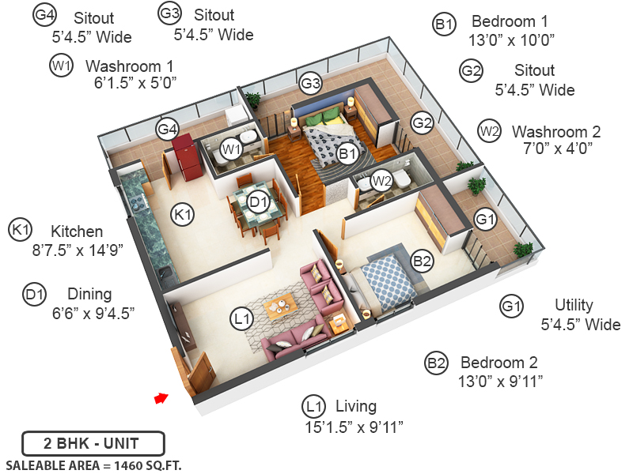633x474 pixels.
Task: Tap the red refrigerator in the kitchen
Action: [x=184, y=153]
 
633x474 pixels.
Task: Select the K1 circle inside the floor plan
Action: [x=184, y=213]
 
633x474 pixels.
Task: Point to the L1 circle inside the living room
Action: [x=241, y=319]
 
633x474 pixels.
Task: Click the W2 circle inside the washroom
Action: [x=382, y=181]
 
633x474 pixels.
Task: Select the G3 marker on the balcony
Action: [x=310, y=82]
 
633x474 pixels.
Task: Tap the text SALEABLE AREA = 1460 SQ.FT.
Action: [x=93, y=465]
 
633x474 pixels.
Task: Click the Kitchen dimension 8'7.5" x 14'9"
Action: [x=78, y=250]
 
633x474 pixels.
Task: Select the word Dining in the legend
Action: [x=89, y=294]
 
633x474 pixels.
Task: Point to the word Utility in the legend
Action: [x=574, y=305]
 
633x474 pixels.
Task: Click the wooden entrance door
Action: [x=199, y=371]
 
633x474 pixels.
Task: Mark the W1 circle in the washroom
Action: [x=230, y=149]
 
